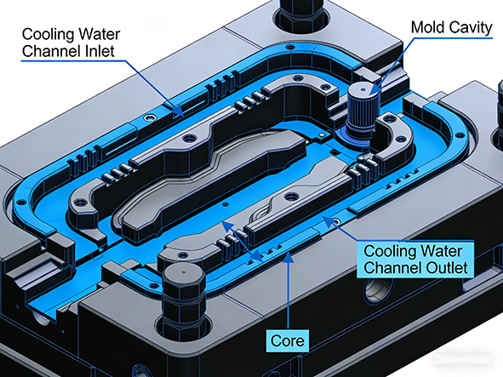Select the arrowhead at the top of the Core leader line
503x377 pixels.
pos(291,254)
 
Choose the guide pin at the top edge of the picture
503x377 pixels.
pos(300,10)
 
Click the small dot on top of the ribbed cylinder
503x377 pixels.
pos(364,88)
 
